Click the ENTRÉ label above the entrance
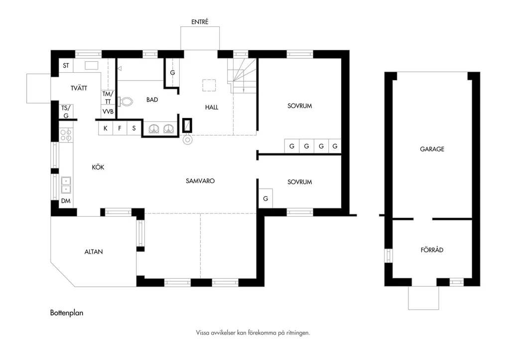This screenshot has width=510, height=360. [x=200, y=22]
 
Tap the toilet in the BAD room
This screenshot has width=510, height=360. [x=126, y=102]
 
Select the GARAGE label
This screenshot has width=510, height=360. [x=432, y=149]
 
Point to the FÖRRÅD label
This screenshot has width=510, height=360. [x=432, y=250]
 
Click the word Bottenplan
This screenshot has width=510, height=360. [x=67, y=313]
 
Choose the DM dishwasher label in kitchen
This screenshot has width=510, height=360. [x=66, y=201]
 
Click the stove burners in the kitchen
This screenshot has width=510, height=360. [x=66, y=135]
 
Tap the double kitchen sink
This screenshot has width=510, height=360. [x=66, y=185]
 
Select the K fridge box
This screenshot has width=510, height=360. [x=106, y=128]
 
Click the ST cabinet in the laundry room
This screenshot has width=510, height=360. [x=66, y=66]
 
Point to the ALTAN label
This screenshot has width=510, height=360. [x=94, y=252]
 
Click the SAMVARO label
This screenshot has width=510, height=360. [x=200, y=181]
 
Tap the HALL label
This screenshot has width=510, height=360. [x=211, y=108]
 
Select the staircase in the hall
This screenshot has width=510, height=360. [x=242, y=76]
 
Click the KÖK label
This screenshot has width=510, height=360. [x=98, y=167]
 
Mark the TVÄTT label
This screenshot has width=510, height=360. [x=79, y=88]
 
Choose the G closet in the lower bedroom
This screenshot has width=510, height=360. [x=265, y=198]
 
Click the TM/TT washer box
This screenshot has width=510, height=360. [x=108, y=98]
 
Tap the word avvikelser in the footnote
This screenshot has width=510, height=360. [x=224, y=333]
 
